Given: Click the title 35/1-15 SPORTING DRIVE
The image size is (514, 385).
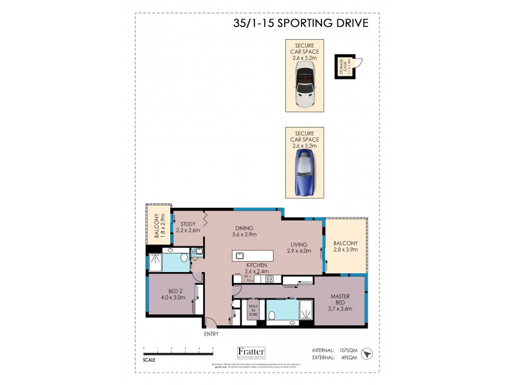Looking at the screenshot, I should [x=300, y=24].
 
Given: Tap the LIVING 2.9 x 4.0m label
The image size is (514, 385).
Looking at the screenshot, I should [x=300, y=248].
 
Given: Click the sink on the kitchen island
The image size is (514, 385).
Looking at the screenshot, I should [x=241, y=256].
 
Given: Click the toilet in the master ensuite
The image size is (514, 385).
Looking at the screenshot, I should [x=272, y=316].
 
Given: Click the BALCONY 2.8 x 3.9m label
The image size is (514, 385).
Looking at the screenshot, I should [x=346, y=246].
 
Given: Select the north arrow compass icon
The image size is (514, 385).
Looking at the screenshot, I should [x=367, y=354].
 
